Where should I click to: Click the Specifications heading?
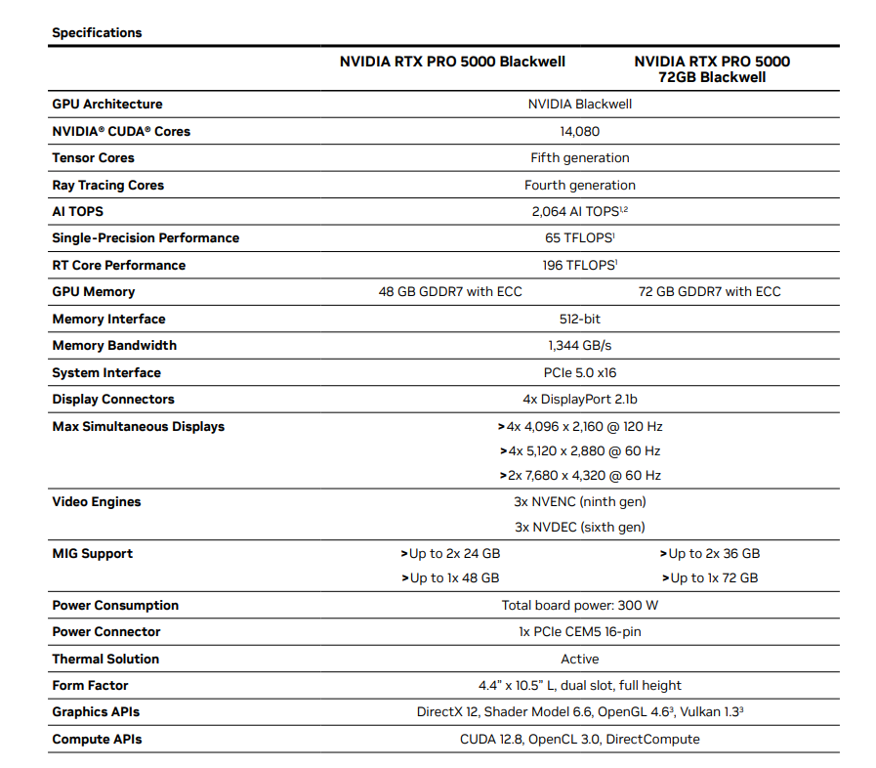click(x=97, y=32)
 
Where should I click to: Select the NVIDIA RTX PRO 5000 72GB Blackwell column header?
click(x=711, y=68)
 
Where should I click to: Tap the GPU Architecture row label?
click(x=107, y=105)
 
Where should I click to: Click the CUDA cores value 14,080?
click(x=580, y=131)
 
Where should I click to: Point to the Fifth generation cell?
click(x=580, y=158)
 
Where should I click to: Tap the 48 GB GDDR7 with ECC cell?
click(x=450, y=292)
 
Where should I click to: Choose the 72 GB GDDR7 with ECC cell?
click(x=709, y=292)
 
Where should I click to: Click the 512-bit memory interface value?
click(x=580, y=319)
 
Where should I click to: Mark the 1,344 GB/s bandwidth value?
click(x=580, y=346)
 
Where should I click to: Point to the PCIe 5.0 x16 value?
click(x=580, y=372)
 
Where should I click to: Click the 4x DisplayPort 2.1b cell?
click(x=580, y=400)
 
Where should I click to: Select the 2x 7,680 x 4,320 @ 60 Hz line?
click(x=580, y=476)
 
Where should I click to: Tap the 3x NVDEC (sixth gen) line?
click(x=580, y=528)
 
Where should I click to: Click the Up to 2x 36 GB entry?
click(x=710, y=554)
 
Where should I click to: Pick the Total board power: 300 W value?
click(x=580, y=606)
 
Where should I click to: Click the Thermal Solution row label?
click(x=105, y=660)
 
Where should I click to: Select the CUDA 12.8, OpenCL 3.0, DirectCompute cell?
click(x=580, y=740)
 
